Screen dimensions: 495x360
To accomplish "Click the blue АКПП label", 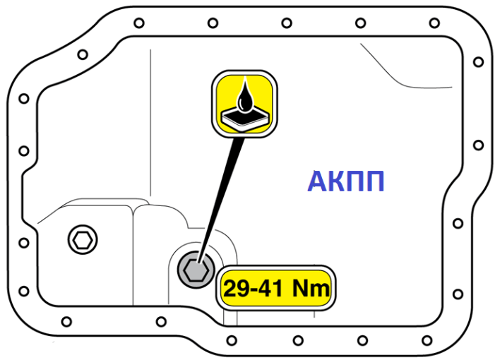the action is coord(346,181).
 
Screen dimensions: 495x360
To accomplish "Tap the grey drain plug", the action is coord(196,270).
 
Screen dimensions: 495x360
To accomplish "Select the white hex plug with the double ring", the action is coord(83,240).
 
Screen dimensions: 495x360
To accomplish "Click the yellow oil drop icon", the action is coord(244,104).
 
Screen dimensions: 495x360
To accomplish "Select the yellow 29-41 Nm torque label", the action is coord(275,288).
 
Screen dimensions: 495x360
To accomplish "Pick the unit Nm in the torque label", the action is coord(311,288).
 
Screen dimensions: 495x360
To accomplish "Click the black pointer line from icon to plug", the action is coord(221,200).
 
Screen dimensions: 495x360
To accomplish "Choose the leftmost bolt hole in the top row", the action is coord(139,23).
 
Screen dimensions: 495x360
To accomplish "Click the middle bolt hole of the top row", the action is coord(287,23).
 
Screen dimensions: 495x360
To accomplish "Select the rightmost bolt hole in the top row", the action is coord(434,23).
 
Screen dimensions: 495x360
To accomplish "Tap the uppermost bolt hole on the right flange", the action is coord(479,61).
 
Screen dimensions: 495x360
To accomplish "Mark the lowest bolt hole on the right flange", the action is coord(458,294).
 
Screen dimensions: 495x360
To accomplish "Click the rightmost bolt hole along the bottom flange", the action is coord(427,340).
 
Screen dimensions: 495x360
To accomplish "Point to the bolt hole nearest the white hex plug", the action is coord(24,243).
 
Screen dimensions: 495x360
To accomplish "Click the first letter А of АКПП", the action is coord(318,181).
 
